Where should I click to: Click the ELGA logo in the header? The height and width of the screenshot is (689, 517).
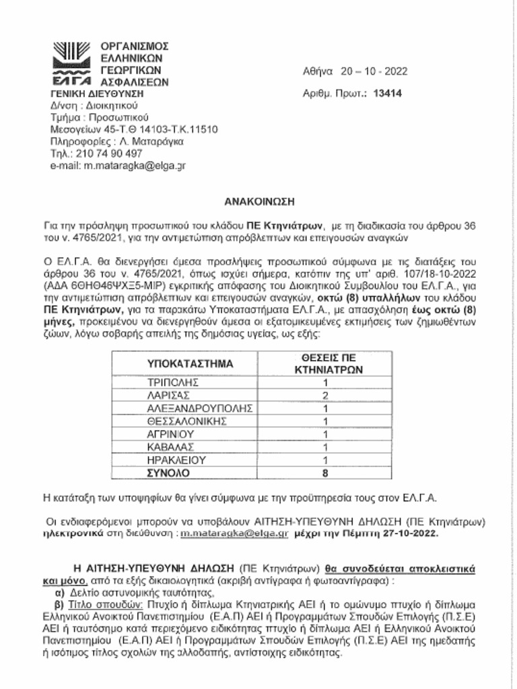coord(69,63)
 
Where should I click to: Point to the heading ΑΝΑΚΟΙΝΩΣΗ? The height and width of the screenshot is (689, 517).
coord(259,201)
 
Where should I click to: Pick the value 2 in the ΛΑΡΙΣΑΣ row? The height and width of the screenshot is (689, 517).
coord(325,395)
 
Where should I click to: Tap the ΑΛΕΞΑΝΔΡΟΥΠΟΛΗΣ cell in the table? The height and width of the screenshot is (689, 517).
coord(199,408)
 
